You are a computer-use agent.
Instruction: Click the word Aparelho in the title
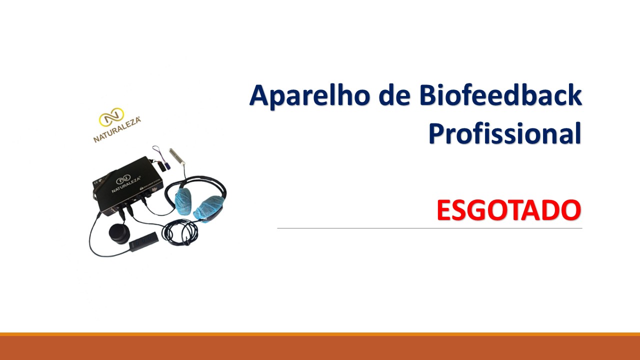tap(309, 95)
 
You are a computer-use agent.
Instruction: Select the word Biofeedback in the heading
tap(500, 94)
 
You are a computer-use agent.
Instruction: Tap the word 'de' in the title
tap(394, 94)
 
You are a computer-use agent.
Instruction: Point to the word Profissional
tap(505, 133)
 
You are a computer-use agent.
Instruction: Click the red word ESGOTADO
tap(509, 210)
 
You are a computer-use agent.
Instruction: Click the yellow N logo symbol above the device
tap(111, 117)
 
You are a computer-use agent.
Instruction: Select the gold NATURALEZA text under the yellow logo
tap(117, 129)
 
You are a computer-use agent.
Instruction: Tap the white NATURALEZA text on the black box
tap(126, 184)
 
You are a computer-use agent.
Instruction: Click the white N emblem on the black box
tap(123, 179)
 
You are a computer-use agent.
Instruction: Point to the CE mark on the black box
tap(96, 181)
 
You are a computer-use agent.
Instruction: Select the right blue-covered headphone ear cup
tap(208, 207)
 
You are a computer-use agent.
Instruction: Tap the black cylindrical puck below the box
tap(119, 233)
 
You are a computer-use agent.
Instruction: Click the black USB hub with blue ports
tap(143, 241)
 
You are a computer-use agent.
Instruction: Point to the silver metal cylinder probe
tap(177, 156)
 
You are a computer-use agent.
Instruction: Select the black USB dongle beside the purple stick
tap(161, 166)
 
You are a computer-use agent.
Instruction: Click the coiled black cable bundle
tap(180, 232)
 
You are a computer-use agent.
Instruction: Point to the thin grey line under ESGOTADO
tap(429, 228)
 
